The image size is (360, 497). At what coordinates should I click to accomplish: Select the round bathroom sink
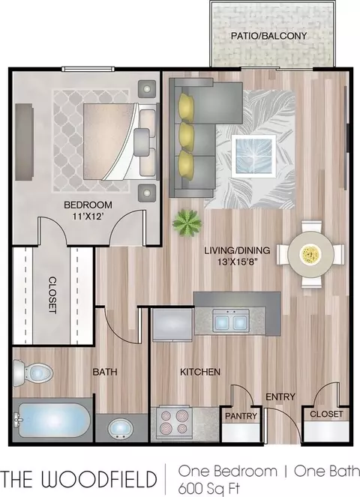(121, 429)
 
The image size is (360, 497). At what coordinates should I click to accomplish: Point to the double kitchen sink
(231, 320)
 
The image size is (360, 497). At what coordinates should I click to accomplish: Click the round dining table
(310, 254)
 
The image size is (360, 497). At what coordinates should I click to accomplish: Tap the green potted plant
(187, 223)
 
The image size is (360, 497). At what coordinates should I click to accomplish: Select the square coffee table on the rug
(253, 156)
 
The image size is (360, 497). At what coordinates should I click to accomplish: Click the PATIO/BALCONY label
(269, 35)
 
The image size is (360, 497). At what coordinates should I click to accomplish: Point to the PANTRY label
(241, 416)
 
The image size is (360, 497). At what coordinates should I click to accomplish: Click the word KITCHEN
(200, 372)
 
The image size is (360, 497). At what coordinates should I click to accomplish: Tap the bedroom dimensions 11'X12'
(88, 217)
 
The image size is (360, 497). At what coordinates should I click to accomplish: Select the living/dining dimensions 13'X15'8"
(237, 262)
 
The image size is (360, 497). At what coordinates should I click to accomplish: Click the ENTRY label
(280, 397)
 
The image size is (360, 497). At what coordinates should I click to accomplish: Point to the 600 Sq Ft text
(208, 487)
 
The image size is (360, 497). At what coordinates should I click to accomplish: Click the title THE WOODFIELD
(79, 479)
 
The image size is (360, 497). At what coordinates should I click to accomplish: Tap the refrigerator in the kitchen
(172, 325)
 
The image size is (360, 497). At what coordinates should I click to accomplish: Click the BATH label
(105, 372)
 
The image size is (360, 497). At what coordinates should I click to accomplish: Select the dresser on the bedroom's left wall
(25, 142)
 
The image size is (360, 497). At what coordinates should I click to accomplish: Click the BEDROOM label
(88, 205)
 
